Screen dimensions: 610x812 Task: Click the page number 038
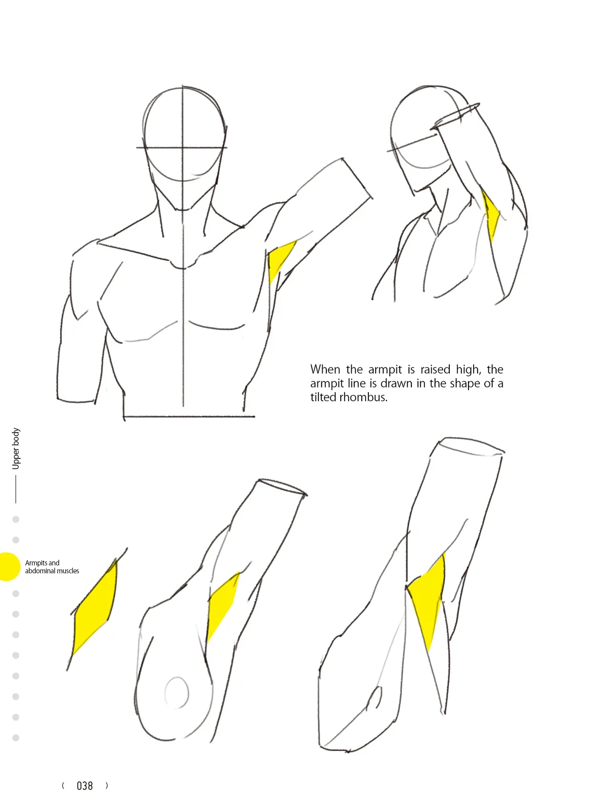point(85,786)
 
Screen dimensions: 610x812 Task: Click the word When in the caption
point(325,369)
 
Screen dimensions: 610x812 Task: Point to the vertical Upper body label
point(16,448)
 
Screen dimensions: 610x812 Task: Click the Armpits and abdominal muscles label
point(52,567)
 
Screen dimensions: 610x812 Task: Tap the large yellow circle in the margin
point(8,567)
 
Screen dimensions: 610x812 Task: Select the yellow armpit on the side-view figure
point(490,215)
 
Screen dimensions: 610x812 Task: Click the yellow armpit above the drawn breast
point(223,604)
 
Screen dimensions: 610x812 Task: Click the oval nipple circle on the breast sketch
point(177,692)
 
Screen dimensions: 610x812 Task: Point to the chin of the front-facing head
point(182,209)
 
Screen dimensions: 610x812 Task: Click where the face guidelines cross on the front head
point(183,148)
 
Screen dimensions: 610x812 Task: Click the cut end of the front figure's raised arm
point(357,178)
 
